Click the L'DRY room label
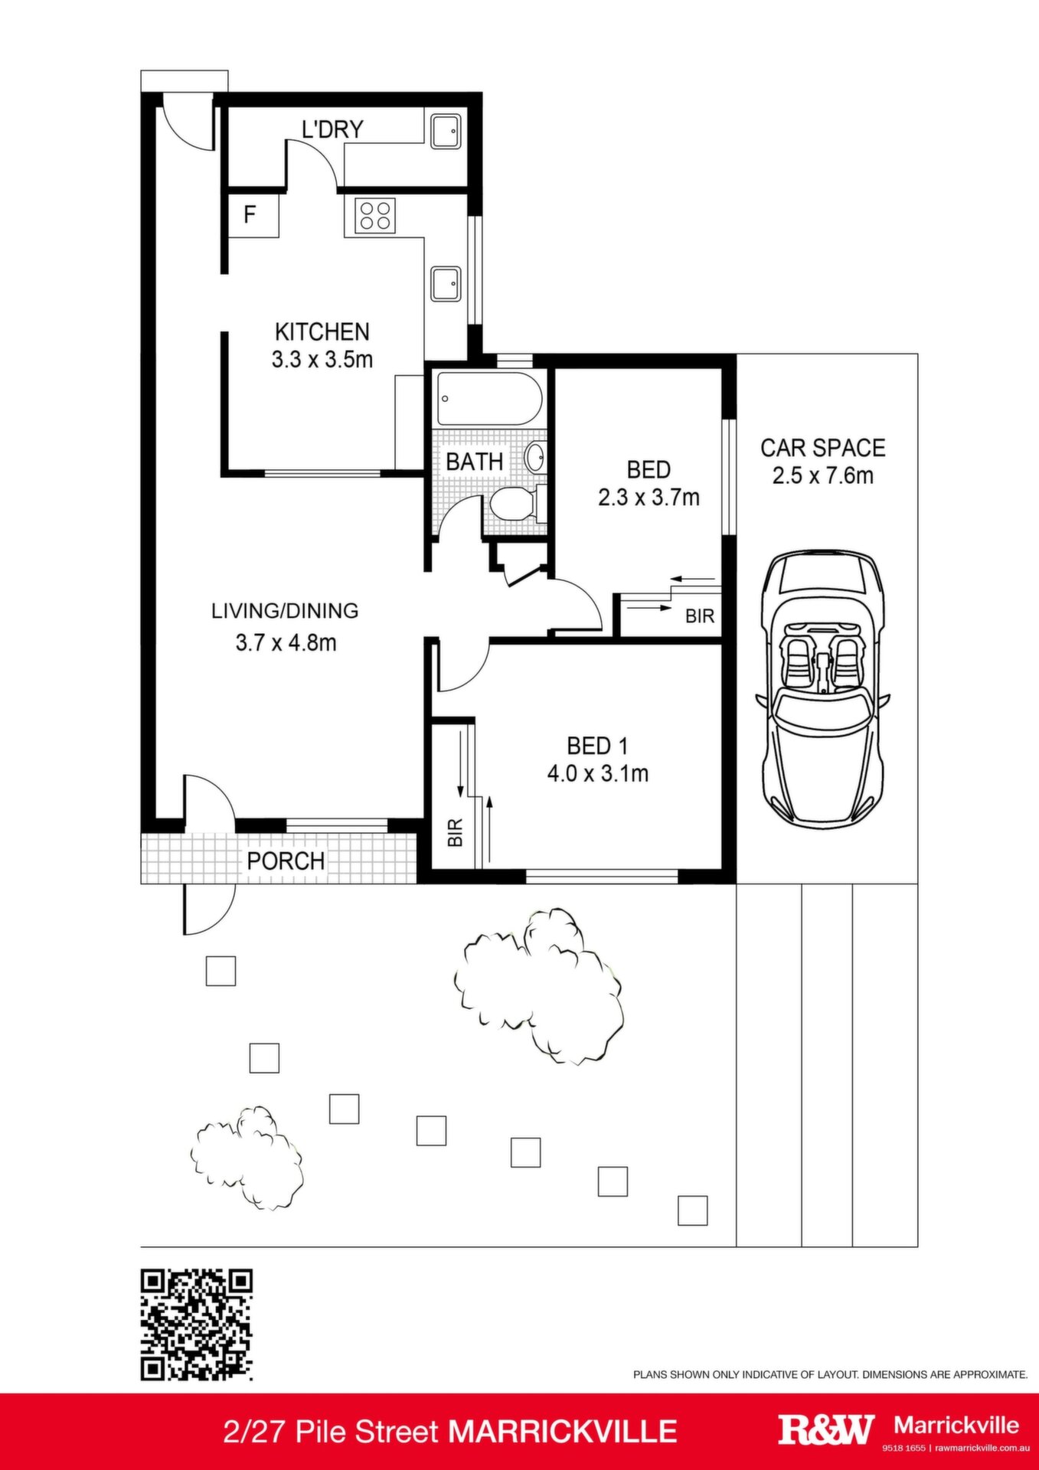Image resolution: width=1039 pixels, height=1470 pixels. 332,129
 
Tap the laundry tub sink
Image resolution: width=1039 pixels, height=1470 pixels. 445,131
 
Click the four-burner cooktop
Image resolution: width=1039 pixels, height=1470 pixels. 375,215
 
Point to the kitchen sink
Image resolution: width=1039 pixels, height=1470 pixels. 445,283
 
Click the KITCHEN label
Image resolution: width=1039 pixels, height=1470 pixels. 322,332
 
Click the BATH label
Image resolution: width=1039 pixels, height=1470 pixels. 475,462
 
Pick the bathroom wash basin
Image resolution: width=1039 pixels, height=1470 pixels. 535,458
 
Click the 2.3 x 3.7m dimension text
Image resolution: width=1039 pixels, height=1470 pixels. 649,498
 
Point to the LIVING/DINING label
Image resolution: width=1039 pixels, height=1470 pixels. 285,611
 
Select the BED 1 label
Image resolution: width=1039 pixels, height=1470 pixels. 597,746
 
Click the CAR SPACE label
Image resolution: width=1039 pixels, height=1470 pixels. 823,448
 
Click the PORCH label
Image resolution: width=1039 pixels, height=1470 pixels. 286,861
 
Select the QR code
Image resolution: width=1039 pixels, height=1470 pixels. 197,1325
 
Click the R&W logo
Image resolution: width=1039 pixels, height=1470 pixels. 826,1429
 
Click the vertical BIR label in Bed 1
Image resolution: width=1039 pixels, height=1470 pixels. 455,832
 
